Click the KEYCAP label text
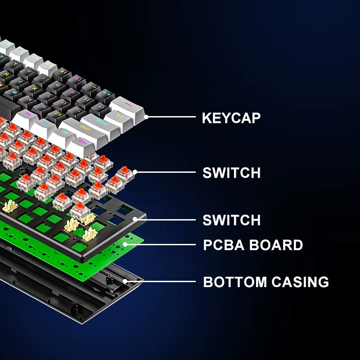pos(231,118)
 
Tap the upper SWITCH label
pos(231,173)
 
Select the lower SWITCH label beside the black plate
pos(231,220)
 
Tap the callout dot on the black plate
pos(145,220)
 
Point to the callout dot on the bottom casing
pos(126,282)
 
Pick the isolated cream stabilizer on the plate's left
pos(10,206)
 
